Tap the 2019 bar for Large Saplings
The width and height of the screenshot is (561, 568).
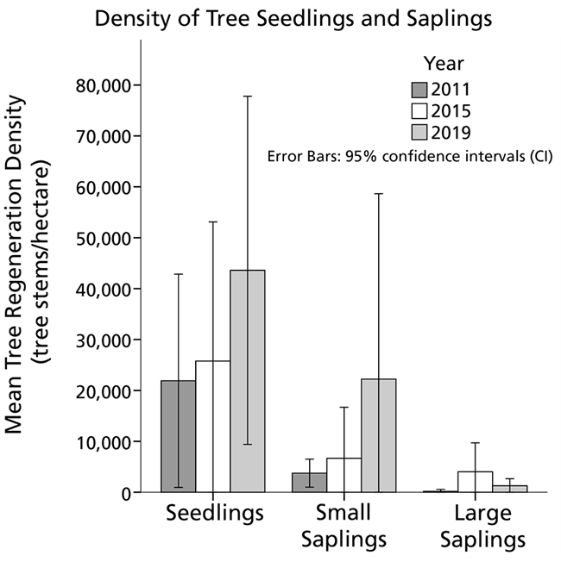[x=509, y=489]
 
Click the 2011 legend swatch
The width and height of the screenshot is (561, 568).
[x=420, y=90]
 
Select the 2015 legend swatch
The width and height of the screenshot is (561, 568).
[x=420, y=110]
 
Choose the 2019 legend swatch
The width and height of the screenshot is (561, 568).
[x=420, y=131]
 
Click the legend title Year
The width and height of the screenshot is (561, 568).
[x=444, y=64]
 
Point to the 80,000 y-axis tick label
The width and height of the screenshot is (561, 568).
[x=98, y=85]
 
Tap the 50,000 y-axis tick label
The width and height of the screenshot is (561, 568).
[x=98, y=238]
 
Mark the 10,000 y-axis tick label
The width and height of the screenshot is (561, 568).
[x=98, y=441]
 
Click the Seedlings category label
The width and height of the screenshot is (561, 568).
[x=214, y=515]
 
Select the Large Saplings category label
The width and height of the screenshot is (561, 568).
[x=482, y=527]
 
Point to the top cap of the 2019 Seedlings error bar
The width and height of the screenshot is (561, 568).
[x=248, y=96]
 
